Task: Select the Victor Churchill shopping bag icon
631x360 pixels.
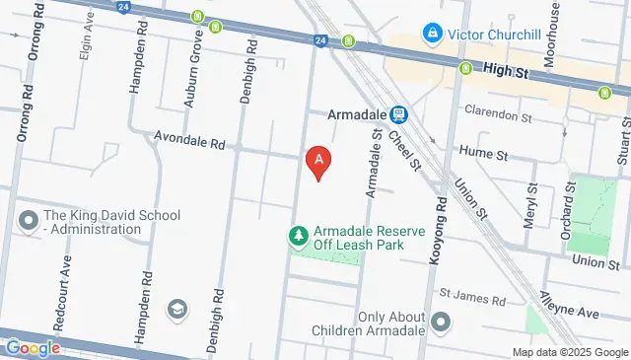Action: point(431,34)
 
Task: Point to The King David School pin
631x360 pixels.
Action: point(28,219)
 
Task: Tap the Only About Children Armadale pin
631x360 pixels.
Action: point(440,323)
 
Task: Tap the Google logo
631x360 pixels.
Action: point(33,347)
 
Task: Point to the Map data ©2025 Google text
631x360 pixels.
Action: point(570,352)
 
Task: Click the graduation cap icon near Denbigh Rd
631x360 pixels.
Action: point(177,311)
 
